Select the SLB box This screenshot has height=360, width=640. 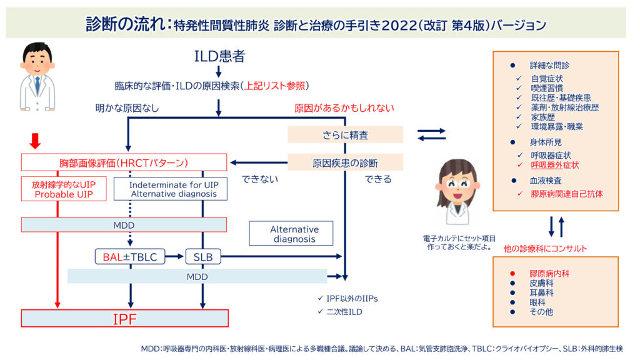[203, 256]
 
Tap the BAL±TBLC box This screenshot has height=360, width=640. [131, 256]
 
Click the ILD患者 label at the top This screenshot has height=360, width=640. [219, 56]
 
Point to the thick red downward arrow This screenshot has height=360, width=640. [35, 141]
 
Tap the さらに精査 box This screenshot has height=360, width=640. [345, 134]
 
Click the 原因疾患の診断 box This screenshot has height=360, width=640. [345, 163]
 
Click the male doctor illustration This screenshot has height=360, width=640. [37, 77]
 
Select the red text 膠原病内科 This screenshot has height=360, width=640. [549, 274]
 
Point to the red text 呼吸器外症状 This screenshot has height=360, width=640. [554, 165]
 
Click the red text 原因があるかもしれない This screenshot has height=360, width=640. [344, 107]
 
